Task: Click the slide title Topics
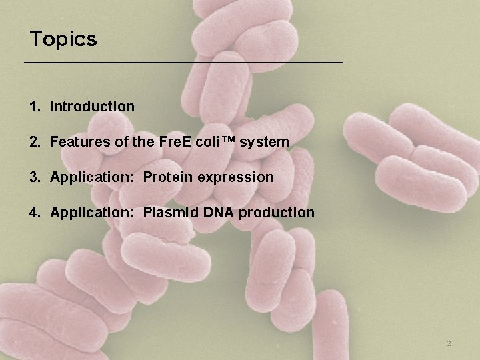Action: click(63, 39)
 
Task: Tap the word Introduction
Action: click(92, 106)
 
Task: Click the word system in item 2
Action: click(267, 142)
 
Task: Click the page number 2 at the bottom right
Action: click(449, 343)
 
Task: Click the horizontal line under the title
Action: click(183, 62)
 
